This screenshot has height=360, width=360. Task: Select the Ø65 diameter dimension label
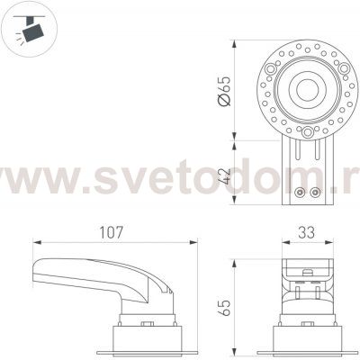coord(224,91)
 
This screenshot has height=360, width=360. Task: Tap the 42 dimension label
coord(224,170)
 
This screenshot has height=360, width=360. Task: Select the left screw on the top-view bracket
coord(301,191)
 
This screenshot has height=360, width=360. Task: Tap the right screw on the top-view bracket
coord(314,191)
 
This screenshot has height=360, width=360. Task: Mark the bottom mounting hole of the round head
coord(308,132)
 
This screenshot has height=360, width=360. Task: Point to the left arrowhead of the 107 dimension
coord(36,241)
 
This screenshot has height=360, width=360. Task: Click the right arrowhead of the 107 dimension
coord(196,241)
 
